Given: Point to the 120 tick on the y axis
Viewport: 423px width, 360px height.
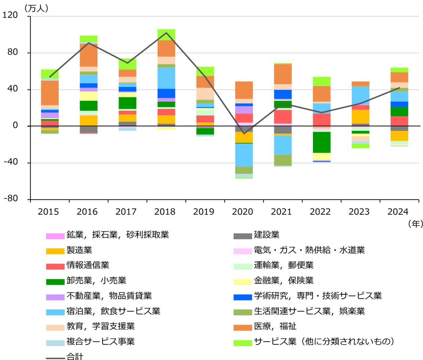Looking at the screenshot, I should (x=11, y=17).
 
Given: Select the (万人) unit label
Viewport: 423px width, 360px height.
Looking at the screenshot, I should (x=36, y=8).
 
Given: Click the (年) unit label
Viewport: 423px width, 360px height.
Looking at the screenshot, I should (x=415, y=223).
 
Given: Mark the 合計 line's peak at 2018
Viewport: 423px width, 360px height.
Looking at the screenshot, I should (x=166, y=33).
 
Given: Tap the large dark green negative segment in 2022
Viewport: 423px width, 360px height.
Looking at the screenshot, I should (x=322, y=142).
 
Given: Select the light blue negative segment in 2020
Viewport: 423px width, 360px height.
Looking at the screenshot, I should (x=244, y=155).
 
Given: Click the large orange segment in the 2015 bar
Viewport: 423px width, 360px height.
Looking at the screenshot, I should (x=50, y=93).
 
